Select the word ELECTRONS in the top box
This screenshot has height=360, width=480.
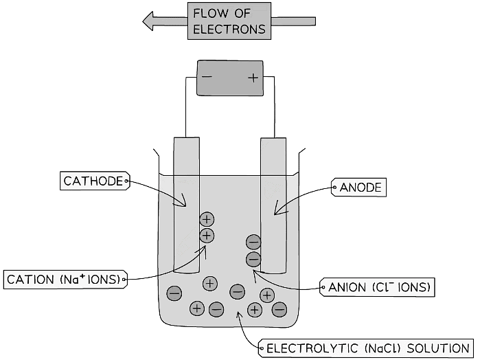click(229, 30)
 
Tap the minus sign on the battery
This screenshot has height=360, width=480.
click(207, 77)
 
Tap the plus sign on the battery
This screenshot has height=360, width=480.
click(253, 78)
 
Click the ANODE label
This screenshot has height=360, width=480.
click(360, 187)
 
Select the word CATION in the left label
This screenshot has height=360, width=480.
click(29, 280)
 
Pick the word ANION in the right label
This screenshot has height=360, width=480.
click(348, 287)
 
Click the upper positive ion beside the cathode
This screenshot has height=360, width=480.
click(207, 220)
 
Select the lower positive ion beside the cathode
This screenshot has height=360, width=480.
click(207, 236)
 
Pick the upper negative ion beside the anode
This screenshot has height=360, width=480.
click(253, 242)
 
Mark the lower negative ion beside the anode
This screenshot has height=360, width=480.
click(253, 259)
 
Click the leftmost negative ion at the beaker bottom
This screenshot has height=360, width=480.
click(174, 293)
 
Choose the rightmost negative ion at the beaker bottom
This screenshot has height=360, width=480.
click(279, 308)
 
